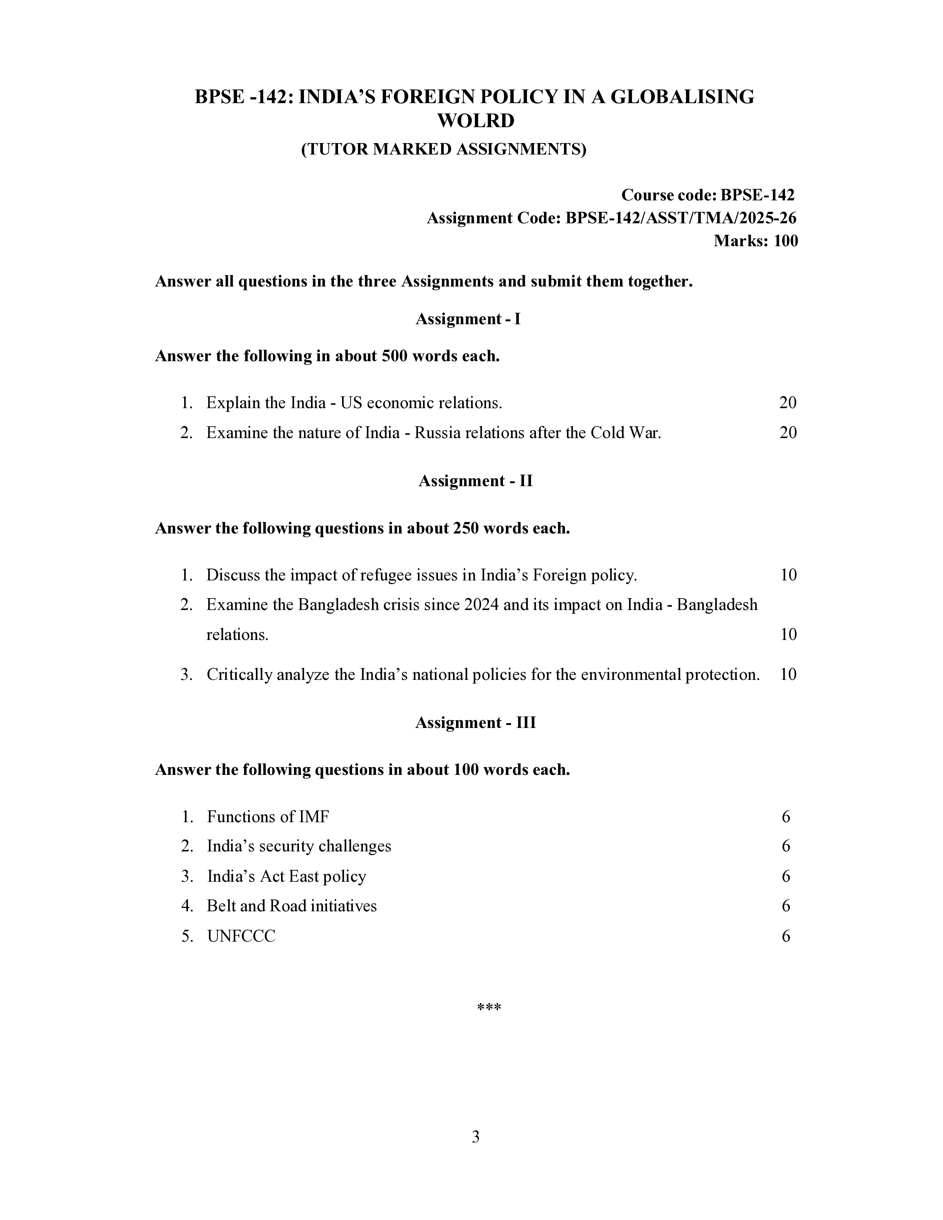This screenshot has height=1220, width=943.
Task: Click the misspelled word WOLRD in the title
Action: pyautogui.click(x=476, y=121)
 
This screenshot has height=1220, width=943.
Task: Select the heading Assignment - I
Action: pyautogui.click(x=468, y=319)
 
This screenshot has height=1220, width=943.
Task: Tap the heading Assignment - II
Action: pyautogui.click(x=476, y=481)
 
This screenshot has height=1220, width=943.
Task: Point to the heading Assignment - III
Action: pyautogui.click(x=476, y=723)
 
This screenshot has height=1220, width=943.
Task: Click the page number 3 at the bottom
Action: pyautogui.click(x=476, y=1137)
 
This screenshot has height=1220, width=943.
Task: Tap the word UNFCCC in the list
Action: pyautogui.click(x=241, y=936)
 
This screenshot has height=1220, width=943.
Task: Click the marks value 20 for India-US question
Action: pyautogui.click(x=788, y=403)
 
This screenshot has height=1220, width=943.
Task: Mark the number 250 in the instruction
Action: pyautogui.click(x=464, y=528)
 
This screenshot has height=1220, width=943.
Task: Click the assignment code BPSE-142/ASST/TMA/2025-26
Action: pyautogui.click(x=681, y=218)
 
